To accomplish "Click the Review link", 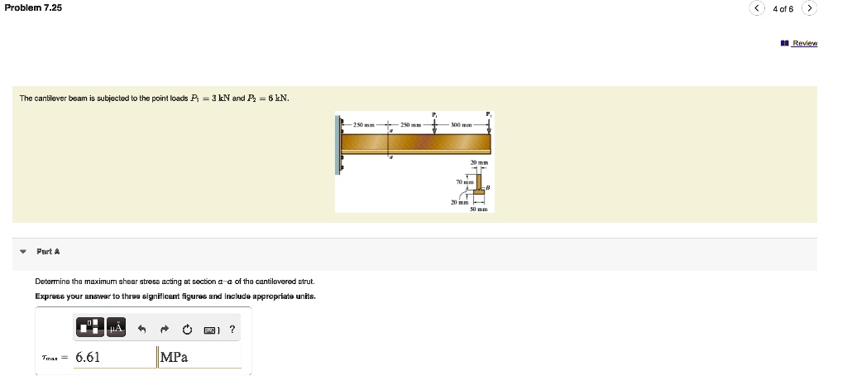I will pos(804,43).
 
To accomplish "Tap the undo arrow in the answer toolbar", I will pos(142,330).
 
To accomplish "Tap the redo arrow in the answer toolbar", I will pos(165,330).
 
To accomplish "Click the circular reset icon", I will pos(188,330).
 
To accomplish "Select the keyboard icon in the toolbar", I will pos(211,330).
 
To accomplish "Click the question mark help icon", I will pos(232,330).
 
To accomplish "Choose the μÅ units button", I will pos(115,329).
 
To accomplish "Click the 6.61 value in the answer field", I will pos(89,357).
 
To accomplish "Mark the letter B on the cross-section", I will pos(489,188).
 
